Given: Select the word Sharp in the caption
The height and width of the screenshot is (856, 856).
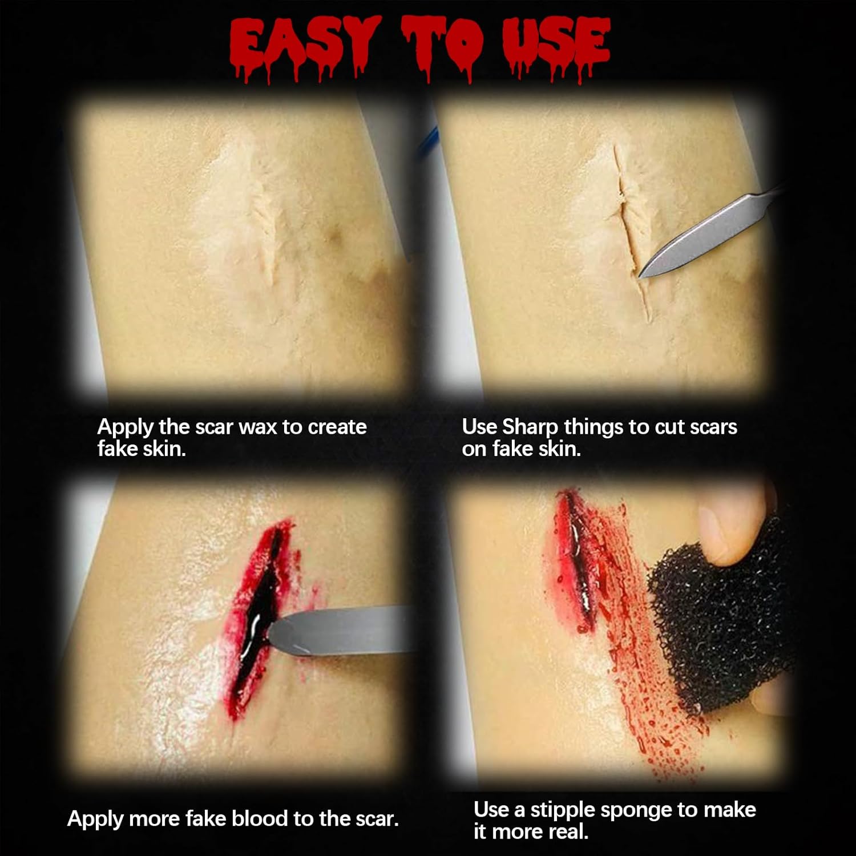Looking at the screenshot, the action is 530,427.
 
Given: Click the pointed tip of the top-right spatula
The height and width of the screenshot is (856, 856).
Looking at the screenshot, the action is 640,277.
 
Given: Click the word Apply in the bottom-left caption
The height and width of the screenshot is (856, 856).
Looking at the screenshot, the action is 95,819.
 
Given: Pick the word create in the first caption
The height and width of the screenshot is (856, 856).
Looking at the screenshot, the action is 337,427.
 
